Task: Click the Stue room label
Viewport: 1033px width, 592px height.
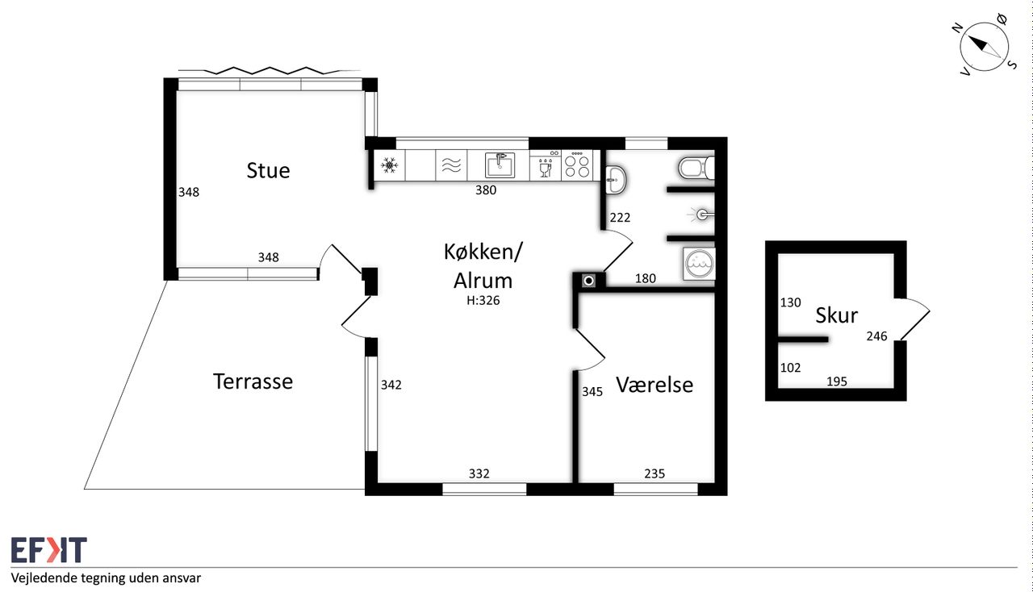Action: (x=268, y=171)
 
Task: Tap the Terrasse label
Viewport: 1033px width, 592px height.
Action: (x=253, y=381)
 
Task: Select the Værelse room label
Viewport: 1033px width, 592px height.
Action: (x=655, y=385)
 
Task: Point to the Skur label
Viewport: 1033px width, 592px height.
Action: (x=837, y=315)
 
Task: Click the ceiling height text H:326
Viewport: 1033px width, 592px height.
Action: (x=483, y=301)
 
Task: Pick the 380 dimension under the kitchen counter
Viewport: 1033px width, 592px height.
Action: (x=486, y=190)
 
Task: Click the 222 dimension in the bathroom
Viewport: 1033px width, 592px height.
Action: (x=620, y=217)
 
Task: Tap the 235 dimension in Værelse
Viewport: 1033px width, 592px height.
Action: (x=655, y=473)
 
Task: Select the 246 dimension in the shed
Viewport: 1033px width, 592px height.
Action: (x=876, y=336)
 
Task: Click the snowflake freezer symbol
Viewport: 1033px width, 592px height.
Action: (x=390, y=165)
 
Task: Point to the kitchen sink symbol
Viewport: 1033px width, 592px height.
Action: (x=500, y=165)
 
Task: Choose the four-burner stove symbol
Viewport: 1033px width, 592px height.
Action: (x=577, y=165)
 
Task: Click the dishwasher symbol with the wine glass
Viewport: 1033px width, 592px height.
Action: (x=545, y=166)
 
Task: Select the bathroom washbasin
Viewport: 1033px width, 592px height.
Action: (x=615, y=179)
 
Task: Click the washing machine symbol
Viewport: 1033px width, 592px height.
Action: (x=699, y=264)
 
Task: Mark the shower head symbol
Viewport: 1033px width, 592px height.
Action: (x=701, y=215)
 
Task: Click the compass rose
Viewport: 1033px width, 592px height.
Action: (x=985, y=47)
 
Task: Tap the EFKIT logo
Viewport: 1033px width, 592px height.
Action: (x=49, y=549)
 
